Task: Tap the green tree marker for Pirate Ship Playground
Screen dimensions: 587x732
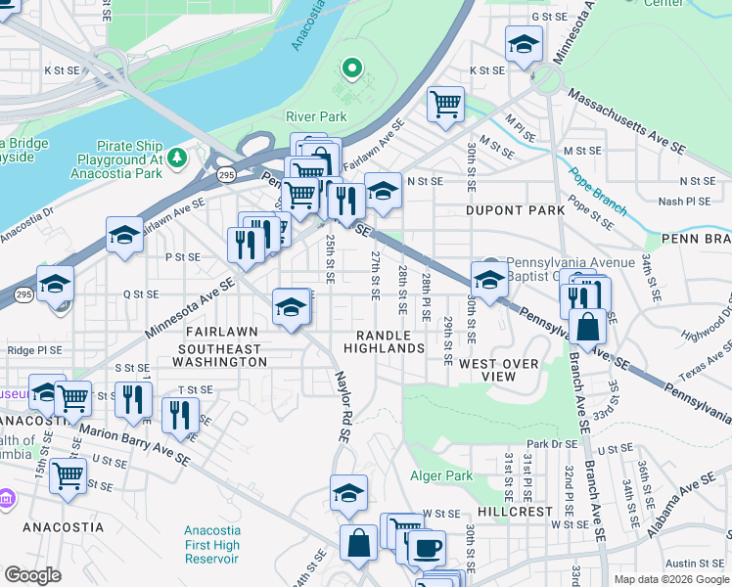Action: [176, 157]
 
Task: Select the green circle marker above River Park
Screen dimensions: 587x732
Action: [351, 68]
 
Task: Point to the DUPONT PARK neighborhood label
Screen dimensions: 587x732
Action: [515, 210]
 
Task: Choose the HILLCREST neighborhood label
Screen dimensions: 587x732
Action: [516, 512]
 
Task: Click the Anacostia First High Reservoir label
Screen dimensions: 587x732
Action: [211, 545]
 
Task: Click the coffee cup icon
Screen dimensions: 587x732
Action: [425, 548]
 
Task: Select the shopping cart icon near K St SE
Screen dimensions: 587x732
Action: [445, 102]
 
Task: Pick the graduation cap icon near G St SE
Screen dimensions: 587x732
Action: [524, 44]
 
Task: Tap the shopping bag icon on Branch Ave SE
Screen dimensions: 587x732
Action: [589, 327]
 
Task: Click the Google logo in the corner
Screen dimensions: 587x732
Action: [33, 575]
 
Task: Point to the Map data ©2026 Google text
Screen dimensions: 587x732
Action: [670, 579]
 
